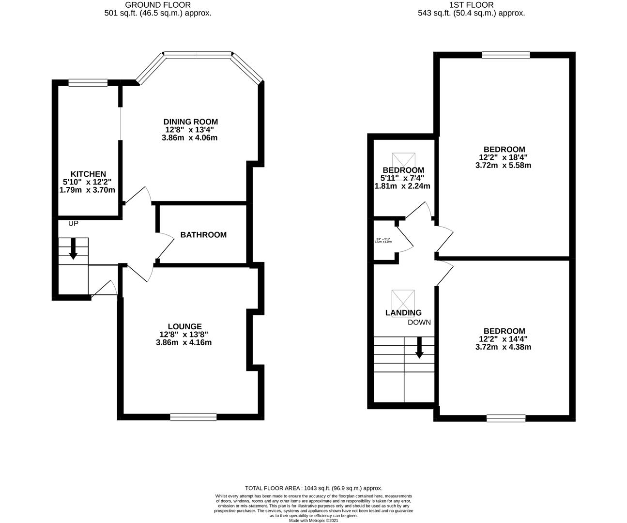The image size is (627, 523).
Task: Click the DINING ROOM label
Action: [x=190, y=122]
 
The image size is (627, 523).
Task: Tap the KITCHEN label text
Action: [x=88, y=174]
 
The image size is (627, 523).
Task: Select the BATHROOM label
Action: [x=203, y=235]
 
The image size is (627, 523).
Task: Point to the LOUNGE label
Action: [x=184, y=326]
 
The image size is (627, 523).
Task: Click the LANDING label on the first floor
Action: [x=403, y=313]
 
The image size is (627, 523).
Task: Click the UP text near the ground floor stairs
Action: [x=73, y=223]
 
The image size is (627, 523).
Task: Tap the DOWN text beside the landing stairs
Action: [x=419, y=322]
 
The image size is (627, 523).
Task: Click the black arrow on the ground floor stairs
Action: [x=73, y=248]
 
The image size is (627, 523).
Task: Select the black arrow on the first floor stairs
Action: [x=419, y=348]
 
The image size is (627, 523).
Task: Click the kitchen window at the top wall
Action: [x=88, y=83]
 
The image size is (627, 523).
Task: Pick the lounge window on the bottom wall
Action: [x=193, y=416]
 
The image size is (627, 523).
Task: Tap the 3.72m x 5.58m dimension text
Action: [x=504, y=165]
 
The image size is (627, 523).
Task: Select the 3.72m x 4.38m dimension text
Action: [x=504, y=347]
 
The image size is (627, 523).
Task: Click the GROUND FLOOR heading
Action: [x=158, y=5]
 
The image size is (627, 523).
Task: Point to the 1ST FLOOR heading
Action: [x=471, y=5]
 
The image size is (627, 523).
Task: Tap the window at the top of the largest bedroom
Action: [x=505, y=55]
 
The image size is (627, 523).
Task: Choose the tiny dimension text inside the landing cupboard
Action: [x=383, y=240]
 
